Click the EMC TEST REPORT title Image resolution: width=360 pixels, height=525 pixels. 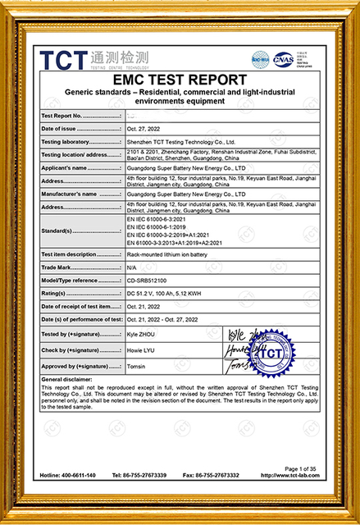click(x=180, y=80)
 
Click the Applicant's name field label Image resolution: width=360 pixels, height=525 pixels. click(x=66, y=167)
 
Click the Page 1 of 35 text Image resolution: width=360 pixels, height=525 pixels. click(x=303, y=468)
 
